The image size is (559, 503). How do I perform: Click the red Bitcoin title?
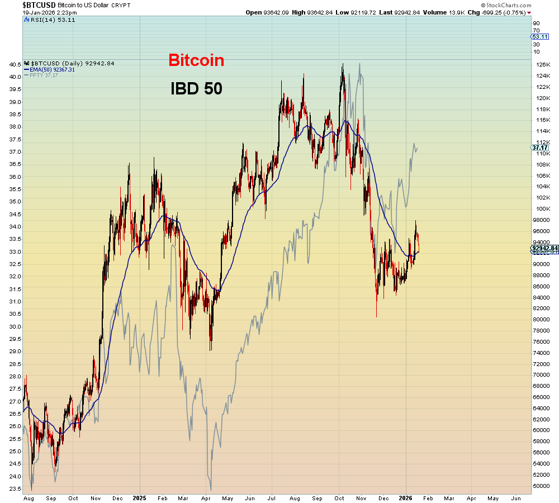point(196,60)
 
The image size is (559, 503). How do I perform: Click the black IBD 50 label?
point(196,88)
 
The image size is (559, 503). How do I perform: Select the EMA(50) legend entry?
point(53,69)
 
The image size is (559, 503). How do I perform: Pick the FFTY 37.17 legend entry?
point(44,75)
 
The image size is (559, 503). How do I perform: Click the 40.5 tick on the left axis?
point(15,64)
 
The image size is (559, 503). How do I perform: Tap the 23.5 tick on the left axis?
point(15,488)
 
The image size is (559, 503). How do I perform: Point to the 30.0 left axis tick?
point(15,326)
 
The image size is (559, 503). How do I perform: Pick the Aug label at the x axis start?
point(28,497)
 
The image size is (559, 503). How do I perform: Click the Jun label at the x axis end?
point(516,497)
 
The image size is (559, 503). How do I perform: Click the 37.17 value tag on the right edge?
point(539,148)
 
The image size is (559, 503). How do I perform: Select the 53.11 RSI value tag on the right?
point(539,37)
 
